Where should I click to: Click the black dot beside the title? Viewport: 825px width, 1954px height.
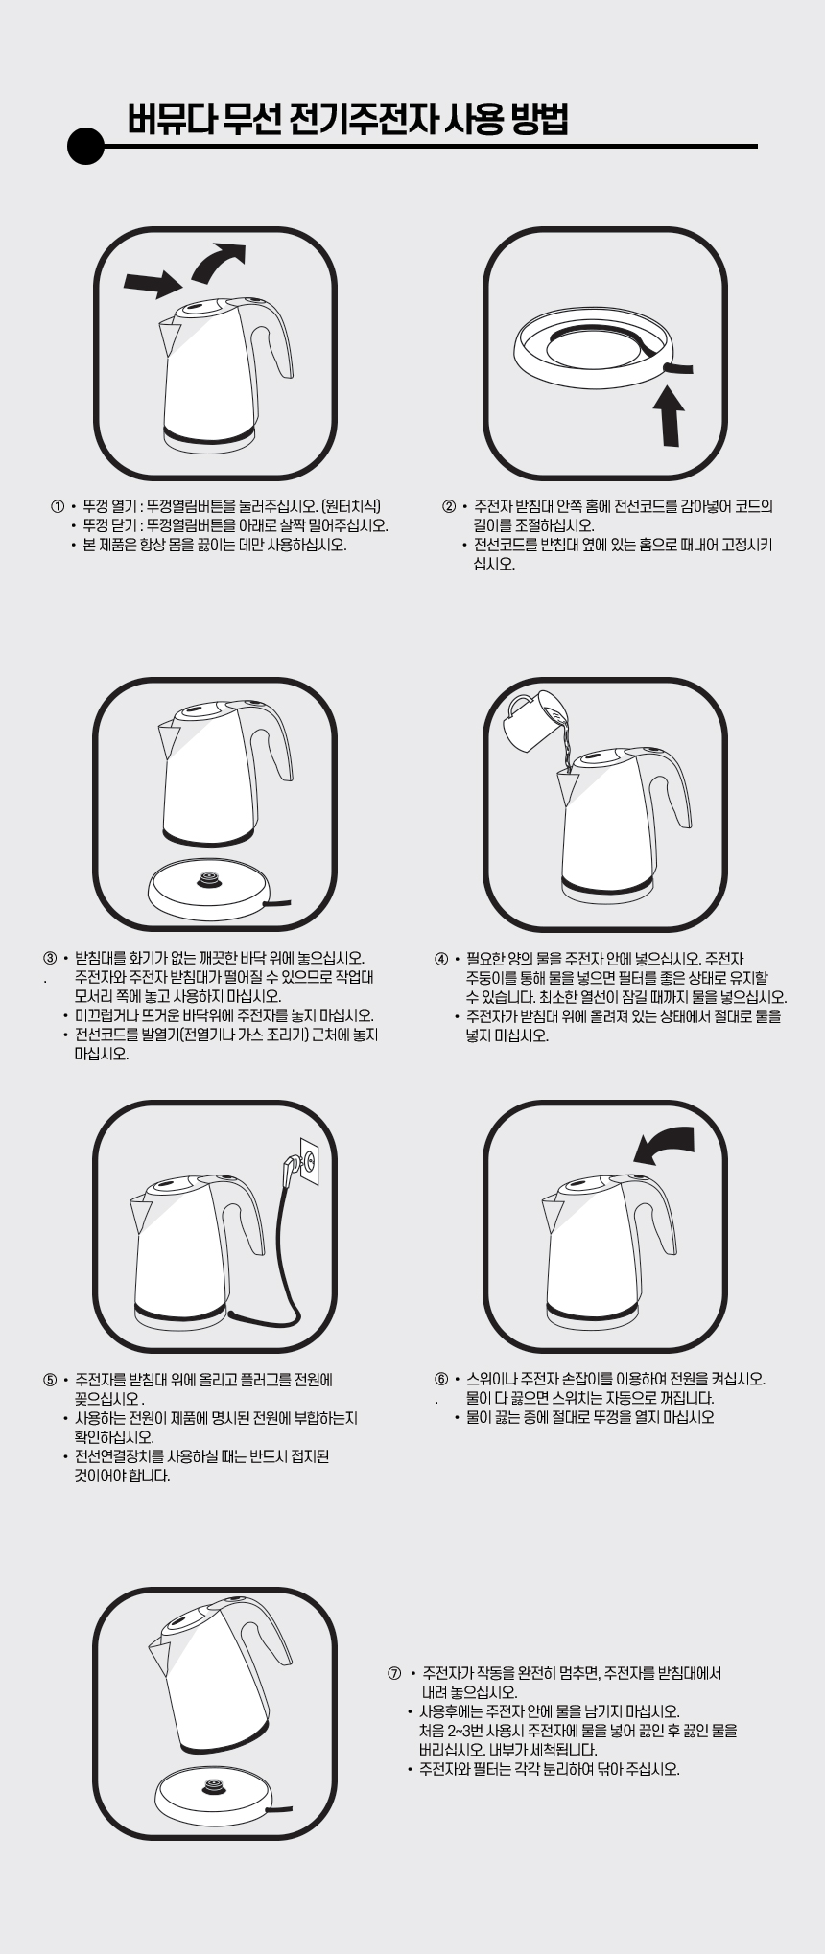click(x=85, y=147)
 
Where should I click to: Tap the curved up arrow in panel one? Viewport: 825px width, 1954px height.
click(x=218, y=262)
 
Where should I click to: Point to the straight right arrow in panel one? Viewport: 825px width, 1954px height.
click(x=153, y=283)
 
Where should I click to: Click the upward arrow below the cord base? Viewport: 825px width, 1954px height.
click(x=670, y=413)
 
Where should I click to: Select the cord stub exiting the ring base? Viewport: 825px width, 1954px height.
click(x=675, y=368)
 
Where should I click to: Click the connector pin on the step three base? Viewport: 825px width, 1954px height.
click(x=207, y=879)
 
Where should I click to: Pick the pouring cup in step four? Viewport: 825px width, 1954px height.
click(x=530, y=718)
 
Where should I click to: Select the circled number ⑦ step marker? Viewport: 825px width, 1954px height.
click(x=394, y=1673)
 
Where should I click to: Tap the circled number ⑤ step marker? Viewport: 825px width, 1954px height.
click(x=50, y=1380)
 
